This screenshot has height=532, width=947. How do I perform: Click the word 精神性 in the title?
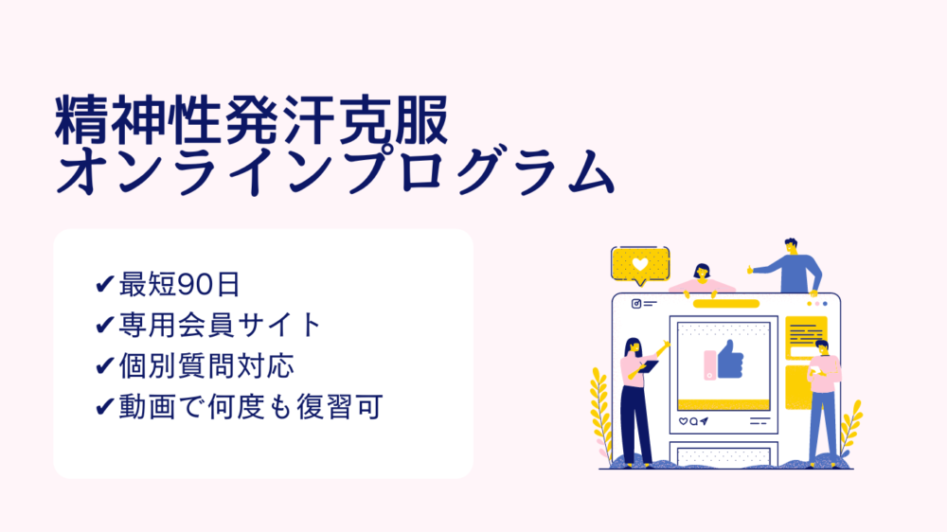click(x=138, y=120)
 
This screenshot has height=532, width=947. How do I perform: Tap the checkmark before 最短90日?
click(x=105, y=283)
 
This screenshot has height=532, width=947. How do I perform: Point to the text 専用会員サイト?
click(x=220, y=325)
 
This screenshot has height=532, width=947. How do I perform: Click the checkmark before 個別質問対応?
click(x=105, y=365)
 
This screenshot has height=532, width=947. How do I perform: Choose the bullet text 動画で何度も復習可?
click(x=251, y=406)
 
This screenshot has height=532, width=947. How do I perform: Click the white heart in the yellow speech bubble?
click(x=640, y=264)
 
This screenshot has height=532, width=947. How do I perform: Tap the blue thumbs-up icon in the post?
click(x=730, y=360)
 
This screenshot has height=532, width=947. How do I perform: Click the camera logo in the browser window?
click(x=636, y=304)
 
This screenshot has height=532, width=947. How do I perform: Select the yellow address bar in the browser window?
click(x=726, y=304)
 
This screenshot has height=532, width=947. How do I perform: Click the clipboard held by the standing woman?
click(x=648, y=366)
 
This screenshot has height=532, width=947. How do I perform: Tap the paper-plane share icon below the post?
click(x=705, y=421)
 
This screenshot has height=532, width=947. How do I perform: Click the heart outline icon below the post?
click(x=683, y=421)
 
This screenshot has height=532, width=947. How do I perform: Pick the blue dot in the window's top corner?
click(x=825, y=304)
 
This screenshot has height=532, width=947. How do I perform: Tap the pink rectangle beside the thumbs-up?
click(x=710, y=365)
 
